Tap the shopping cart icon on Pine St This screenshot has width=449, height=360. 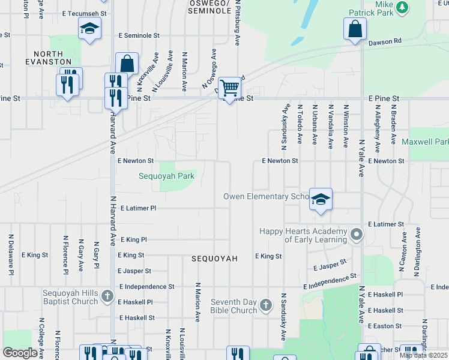coord(229,88)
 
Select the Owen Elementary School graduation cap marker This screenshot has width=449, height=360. coord(321,199)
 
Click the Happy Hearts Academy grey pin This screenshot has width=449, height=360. coord(357,235)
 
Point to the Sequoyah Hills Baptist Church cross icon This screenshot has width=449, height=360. coord(107,296)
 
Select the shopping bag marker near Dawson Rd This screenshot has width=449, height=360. coord(355,28)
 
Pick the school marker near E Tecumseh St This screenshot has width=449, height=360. coord(90,28)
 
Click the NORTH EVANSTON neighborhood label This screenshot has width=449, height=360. coord(48,58)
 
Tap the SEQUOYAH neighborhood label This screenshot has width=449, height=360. coord(215,259)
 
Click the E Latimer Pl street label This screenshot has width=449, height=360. coord(138,208)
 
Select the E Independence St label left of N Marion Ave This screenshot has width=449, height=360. coord(146,287)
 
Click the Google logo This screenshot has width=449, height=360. coord(20,352)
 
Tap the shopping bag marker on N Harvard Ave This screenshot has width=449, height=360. coord(127,63)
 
